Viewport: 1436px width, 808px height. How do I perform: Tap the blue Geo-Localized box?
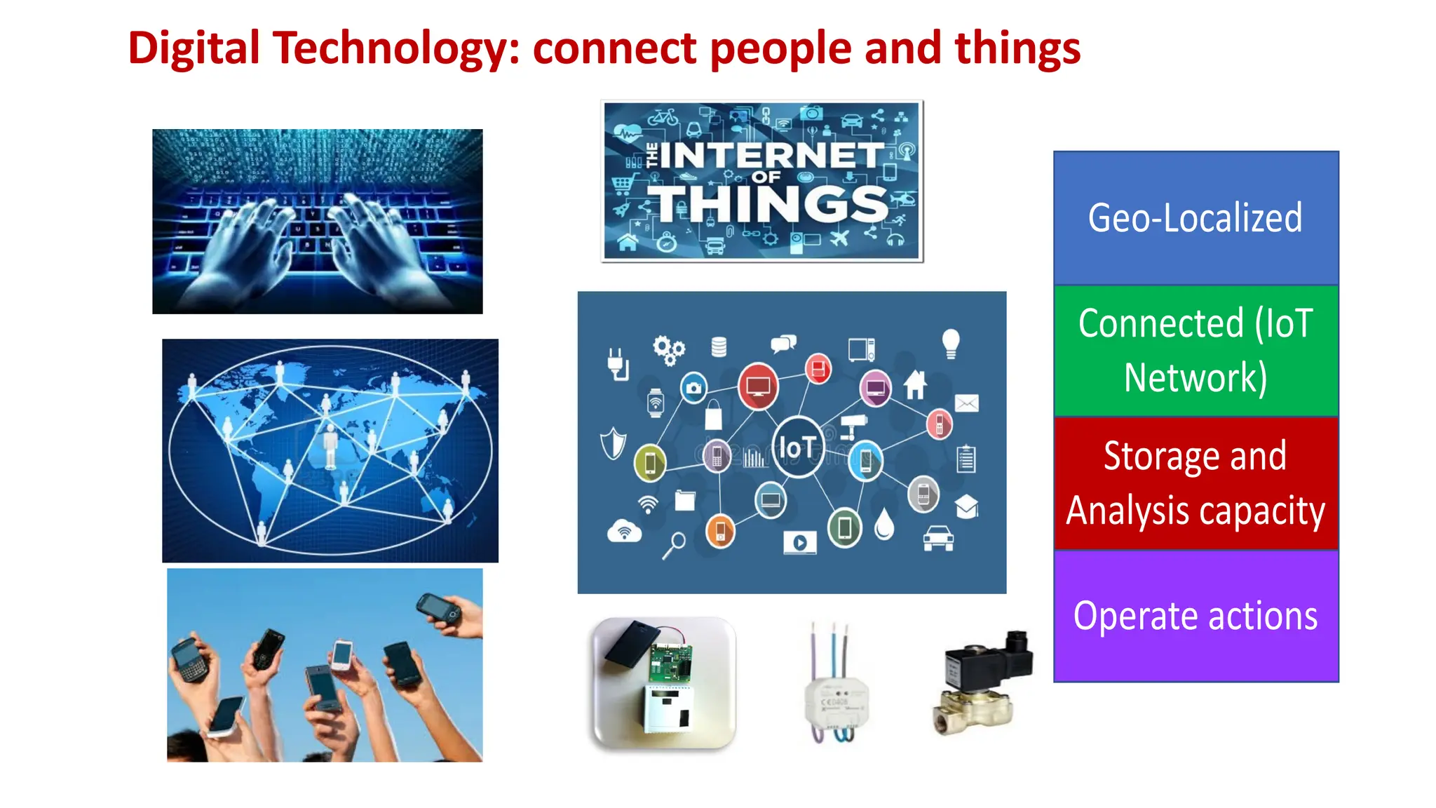tap(1195, 218)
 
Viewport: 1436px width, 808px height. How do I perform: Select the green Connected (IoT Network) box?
tap(1195, 351)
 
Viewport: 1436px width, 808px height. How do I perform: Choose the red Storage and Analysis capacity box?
tap(1195, 483)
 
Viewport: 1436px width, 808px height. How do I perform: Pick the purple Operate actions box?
tap(1195, 616)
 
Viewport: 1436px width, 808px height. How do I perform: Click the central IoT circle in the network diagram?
tap(797, 447)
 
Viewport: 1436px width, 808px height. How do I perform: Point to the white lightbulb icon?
tap(950, 343)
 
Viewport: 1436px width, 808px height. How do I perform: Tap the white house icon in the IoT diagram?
tap(915, 384)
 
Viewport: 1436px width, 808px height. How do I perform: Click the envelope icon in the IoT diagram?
tap(966, 403)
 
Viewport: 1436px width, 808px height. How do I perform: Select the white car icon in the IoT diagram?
tap(938, 538)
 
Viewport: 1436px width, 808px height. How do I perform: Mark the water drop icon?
tap(884, 524)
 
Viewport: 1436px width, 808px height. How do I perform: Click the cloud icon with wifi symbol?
tap(623, 531)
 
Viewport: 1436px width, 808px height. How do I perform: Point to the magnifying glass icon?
tap(675, 545)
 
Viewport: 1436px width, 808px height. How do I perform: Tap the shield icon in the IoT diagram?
tap(613, 443)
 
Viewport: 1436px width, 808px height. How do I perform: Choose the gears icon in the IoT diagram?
tap(668, 349)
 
